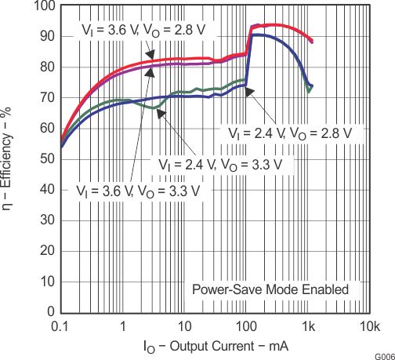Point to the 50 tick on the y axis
[x=47, y=158]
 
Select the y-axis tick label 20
[x=47, y=251]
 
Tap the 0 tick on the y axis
[x=50, y=312]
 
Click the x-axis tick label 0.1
[x=61, y=325]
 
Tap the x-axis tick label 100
[x=246, y=325]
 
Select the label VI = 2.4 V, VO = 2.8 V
[x=293, y=132]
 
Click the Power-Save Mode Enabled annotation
[x=270, y=289]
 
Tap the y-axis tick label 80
[x=47, y=67]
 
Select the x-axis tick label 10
[x=184, y=325]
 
